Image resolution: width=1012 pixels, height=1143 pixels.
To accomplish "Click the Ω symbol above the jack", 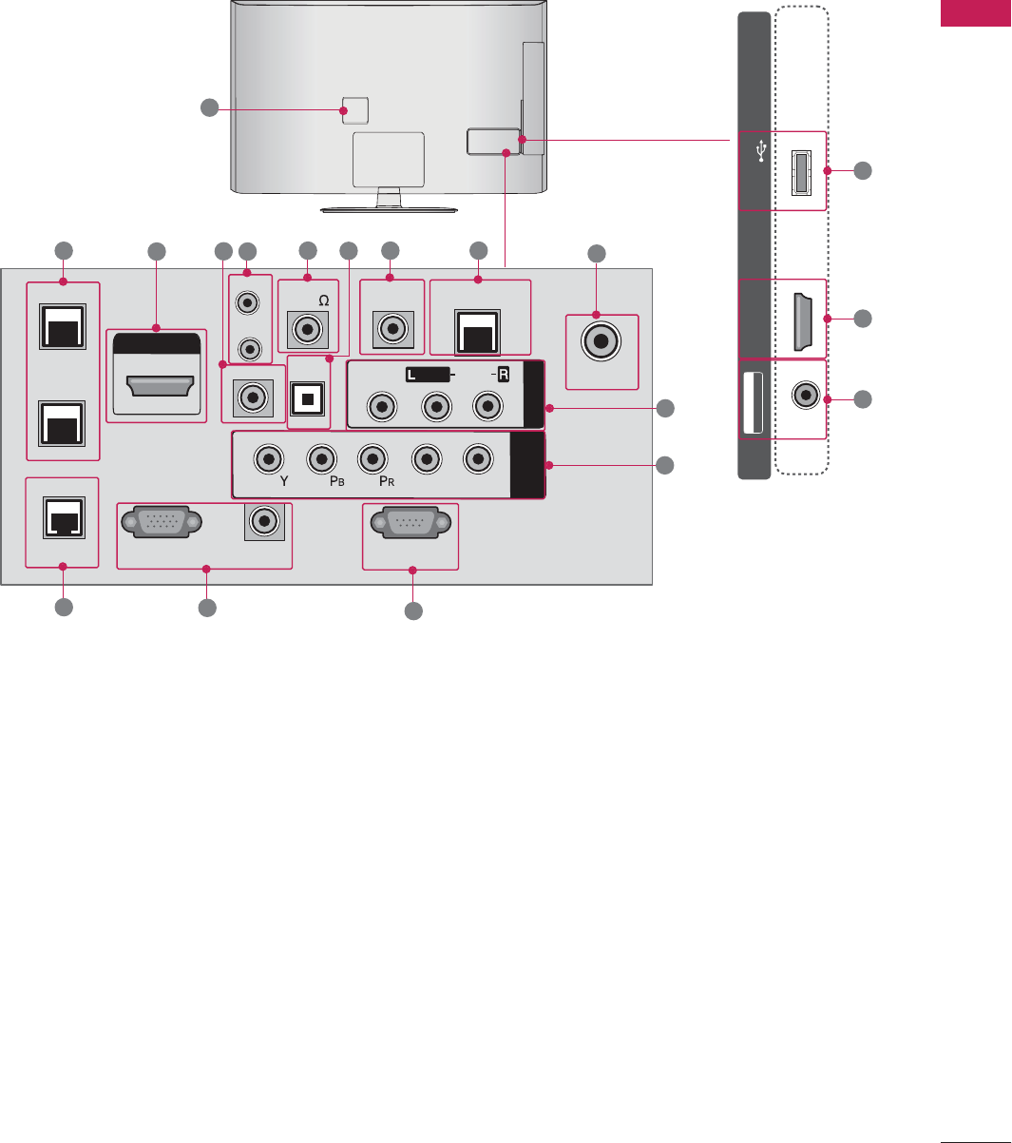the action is click(x=323, y=300).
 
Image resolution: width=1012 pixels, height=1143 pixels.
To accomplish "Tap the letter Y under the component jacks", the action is click(x=283, y=482).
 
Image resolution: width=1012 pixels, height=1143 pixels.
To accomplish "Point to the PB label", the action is click(x=327, y=482).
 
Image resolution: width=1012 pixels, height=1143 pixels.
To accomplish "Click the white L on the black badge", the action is click(x=411, y=375).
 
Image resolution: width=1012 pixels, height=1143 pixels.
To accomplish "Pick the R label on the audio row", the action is click(x=503, y=375).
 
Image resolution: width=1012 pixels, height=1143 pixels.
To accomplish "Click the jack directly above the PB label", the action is click(x=319, y=459).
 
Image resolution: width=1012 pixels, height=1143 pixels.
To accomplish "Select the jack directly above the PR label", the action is click(x=372, y=459).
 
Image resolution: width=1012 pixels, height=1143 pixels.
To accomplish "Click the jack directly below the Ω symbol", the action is click(x=307, y=330).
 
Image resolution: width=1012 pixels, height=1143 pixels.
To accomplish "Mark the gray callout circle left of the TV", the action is click(x=210, y=108).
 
